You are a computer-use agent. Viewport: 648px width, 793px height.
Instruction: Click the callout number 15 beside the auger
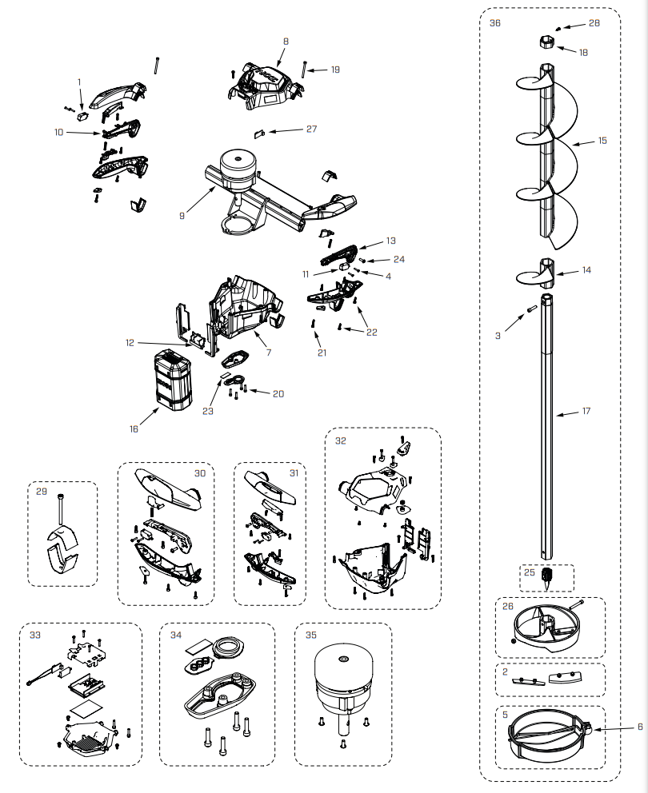click(x=602, y=141)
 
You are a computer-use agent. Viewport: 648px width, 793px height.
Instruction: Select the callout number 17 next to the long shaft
click(x=586, y=412)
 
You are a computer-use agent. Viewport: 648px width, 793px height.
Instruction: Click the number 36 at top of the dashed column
click(x=495, y=23)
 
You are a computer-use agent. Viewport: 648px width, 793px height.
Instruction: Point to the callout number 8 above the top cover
click(x=286, y=41)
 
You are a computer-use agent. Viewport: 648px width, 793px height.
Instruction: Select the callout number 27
click(x=311, y=129)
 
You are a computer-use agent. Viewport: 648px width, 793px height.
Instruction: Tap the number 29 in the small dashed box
click(x=41, y=492)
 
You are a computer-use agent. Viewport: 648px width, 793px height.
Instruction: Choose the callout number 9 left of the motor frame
click(x=183, y=215)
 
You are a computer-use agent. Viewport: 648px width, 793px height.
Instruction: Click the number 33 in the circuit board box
click(x=35, y=635)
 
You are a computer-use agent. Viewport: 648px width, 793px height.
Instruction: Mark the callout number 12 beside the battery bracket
click(x=130, y=342)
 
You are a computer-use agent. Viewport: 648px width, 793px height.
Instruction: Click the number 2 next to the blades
click(x=506, y=672)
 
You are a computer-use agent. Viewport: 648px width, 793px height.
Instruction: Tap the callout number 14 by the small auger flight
click(x=586, y=270)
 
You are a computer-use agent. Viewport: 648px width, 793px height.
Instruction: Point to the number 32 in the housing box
click(x=341, y=440)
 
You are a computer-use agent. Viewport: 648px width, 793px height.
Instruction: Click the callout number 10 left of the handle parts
click(x=58, y=132)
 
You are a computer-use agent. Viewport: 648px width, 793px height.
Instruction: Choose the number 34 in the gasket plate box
click(x=176, y=635)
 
